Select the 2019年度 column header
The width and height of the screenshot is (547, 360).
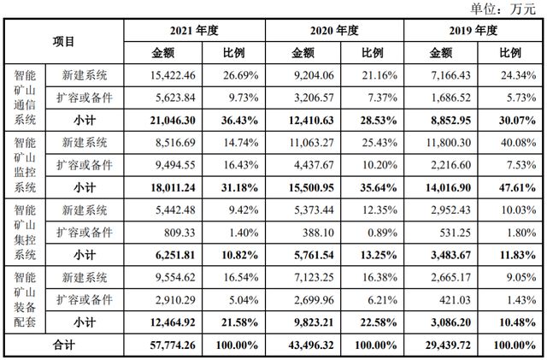click(473, 30)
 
